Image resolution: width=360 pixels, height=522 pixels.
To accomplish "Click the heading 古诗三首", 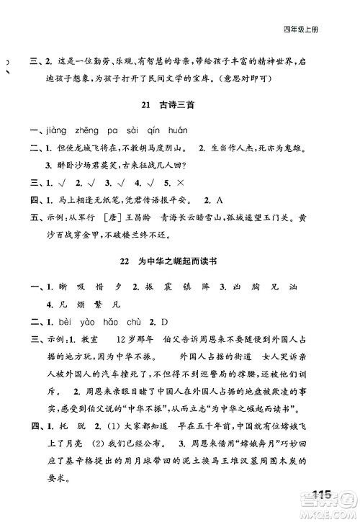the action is pyautogui.click(x=179, y=106).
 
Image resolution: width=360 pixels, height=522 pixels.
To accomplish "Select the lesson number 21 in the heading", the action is pyautogui.click(x=147, y=106).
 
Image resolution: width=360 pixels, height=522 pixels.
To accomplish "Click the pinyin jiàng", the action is pyautogui.click(x=45, y=130).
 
